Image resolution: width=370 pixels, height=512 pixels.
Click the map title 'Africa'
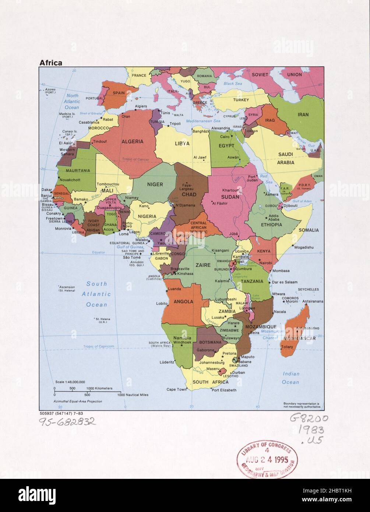click(x=51, y=63)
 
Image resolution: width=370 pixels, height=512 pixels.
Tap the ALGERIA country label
click(x=132, y=141)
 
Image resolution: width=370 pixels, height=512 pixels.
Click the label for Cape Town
click(x=177, y=389)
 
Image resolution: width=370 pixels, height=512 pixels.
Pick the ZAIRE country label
click(x=203, y=265)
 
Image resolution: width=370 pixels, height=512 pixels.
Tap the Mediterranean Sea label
click(x=203, y=121)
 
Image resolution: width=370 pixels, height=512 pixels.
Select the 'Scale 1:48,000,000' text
click(x=70, y=382)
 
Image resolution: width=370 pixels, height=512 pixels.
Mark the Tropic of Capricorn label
click(x=98, y=346)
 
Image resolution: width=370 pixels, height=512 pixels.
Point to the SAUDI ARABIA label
click(x=285, y=158)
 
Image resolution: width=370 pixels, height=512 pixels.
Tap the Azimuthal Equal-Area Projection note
click(x=78, y=401)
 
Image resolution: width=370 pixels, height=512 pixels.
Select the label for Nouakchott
click(x=70, y=180)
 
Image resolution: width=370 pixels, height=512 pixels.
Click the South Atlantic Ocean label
click(x=96, y=294)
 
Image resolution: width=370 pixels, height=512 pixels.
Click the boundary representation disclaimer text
click(x=302, y=405)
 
